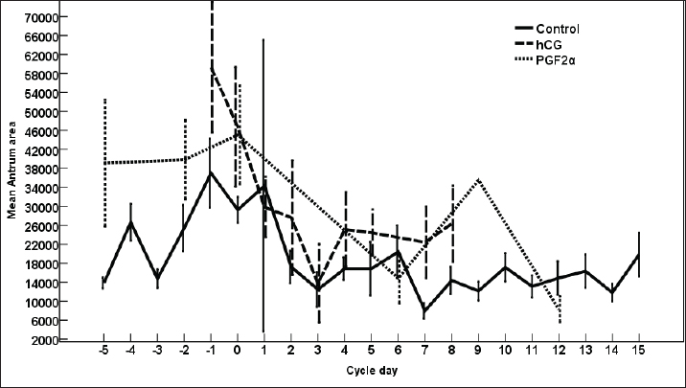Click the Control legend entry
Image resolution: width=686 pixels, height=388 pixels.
pyautogui.click(x=558, y=29)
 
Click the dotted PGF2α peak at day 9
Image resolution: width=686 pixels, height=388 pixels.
pyautogui.click(x=478, y=179)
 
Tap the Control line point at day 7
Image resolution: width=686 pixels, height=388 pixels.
pyautogui.click(x=424, y=310)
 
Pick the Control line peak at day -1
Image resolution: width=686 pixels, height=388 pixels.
pyautogui.click(x=211, y=172)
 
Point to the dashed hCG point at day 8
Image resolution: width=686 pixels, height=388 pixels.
pyautogui.click(x=451, y=222)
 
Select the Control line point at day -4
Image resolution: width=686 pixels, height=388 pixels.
pyautogui.click(x=130, y=222)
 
